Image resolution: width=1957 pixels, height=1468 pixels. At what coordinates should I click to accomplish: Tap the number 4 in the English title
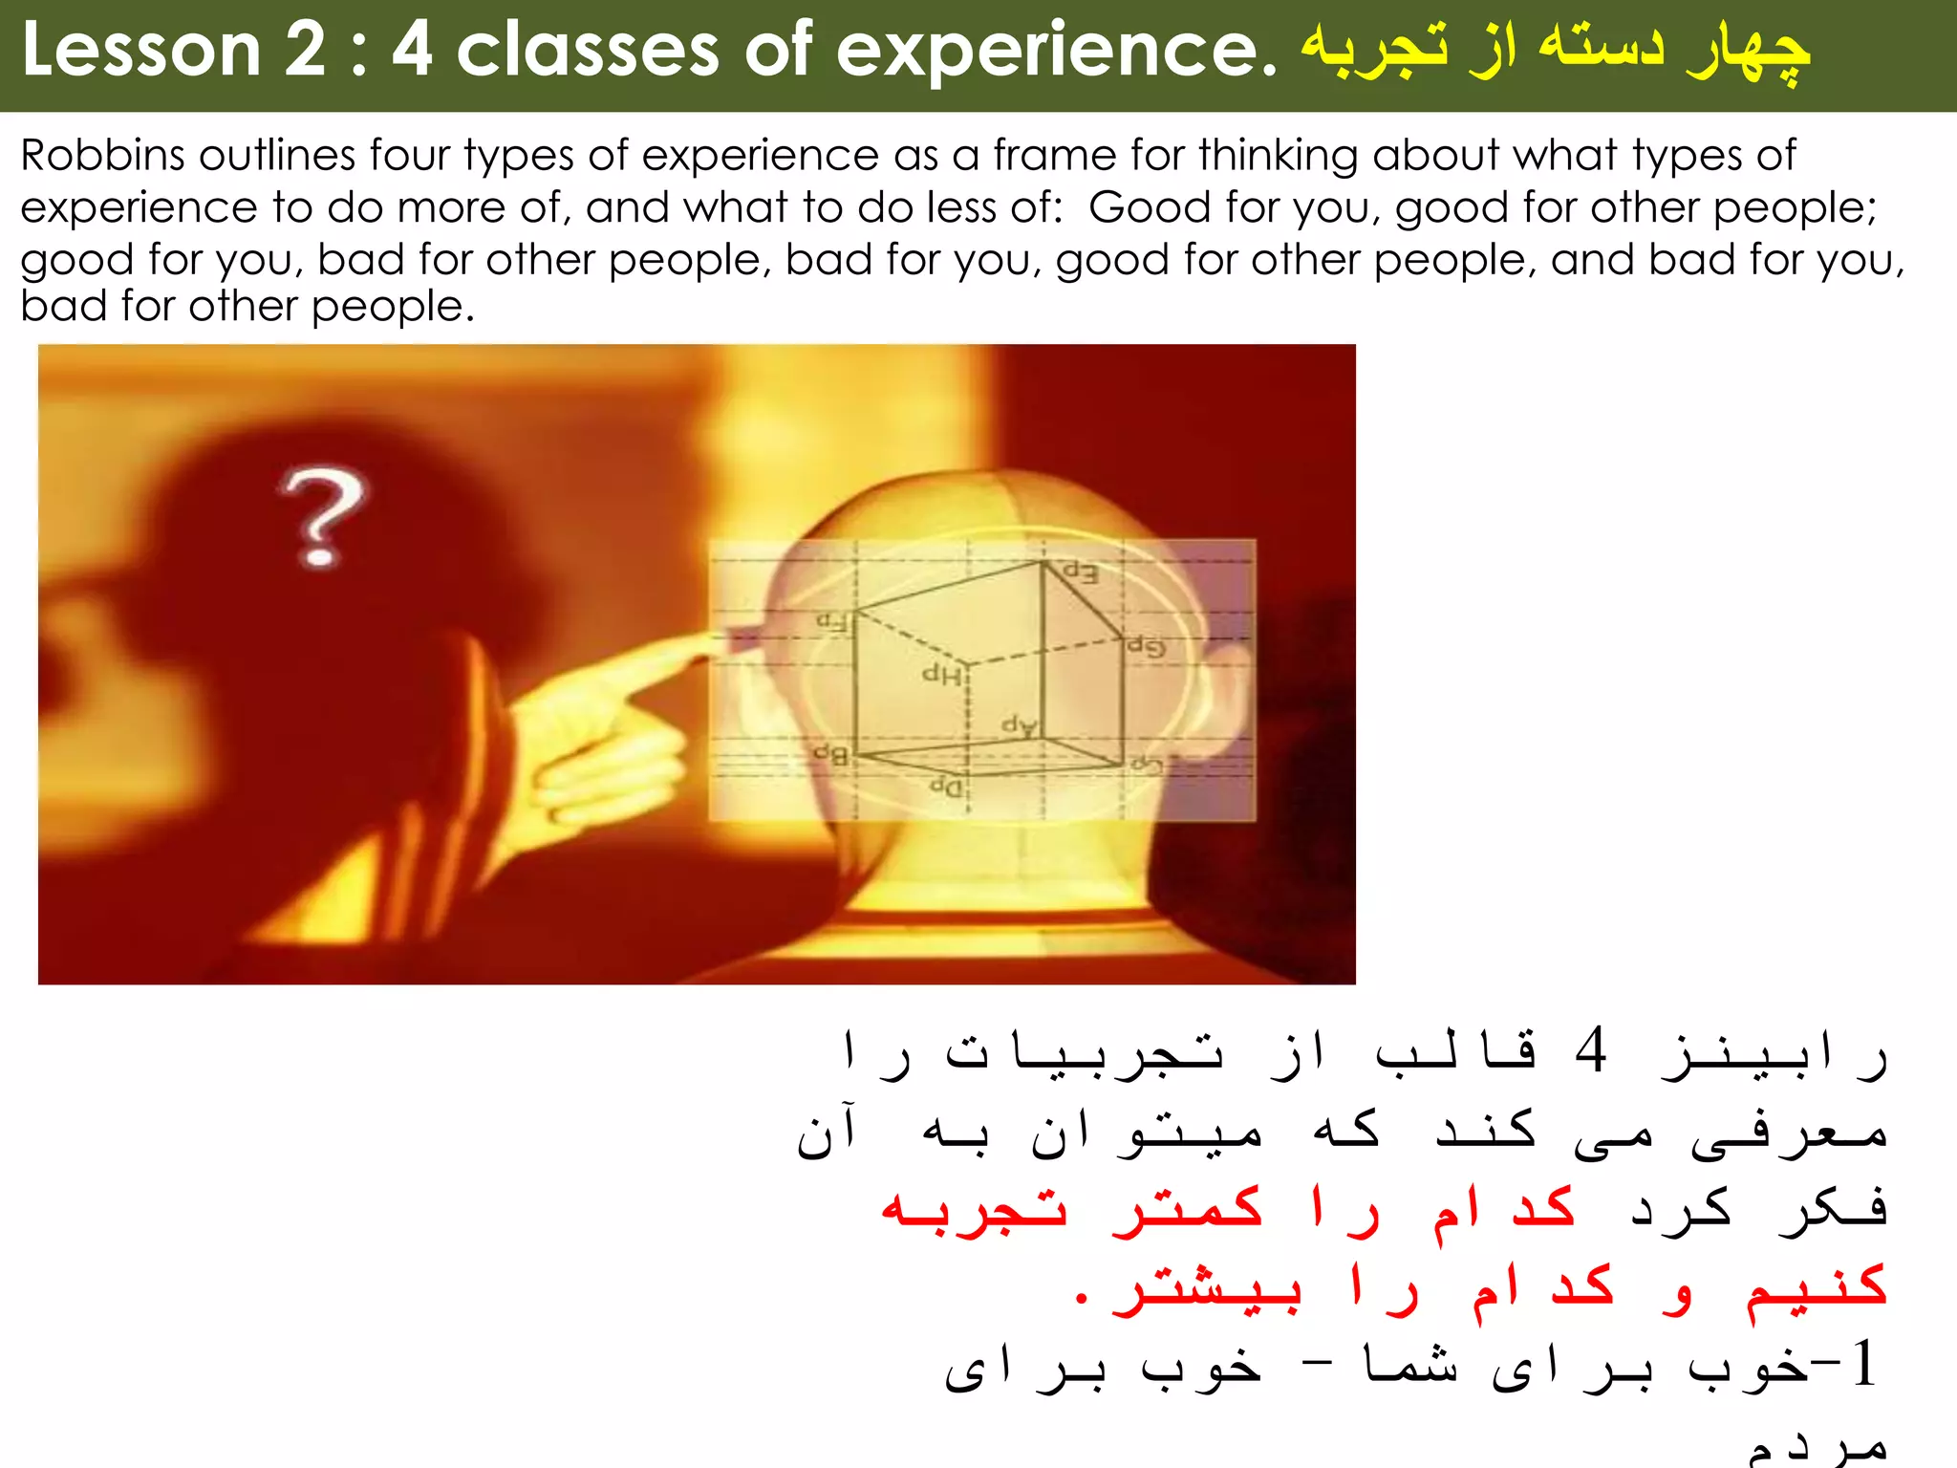(412, 50)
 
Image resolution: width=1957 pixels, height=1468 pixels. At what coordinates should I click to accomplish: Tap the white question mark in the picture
(321, 517)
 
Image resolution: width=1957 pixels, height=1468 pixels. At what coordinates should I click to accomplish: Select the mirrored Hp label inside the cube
(941, 675)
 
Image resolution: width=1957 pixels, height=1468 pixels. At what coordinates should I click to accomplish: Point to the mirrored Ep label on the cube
(1081, 573)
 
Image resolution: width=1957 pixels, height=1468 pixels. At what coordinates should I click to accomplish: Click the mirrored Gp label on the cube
(1146, 647)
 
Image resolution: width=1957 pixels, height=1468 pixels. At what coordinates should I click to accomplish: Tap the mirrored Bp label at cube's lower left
(830, 755)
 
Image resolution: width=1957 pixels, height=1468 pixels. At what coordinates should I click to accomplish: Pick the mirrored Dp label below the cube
(946, 788)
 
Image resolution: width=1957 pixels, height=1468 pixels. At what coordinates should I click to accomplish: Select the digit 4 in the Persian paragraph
(1591, 1050)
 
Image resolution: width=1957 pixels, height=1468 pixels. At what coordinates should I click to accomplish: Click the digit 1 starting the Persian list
(1863, 1364)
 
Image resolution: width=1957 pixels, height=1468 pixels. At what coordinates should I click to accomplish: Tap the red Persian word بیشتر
(1207, 1289)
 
